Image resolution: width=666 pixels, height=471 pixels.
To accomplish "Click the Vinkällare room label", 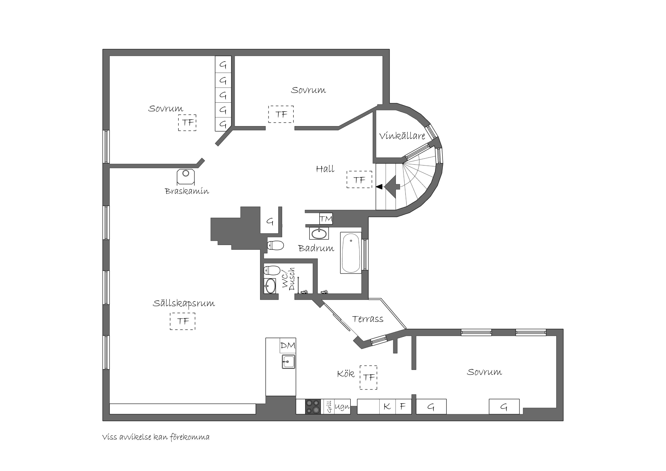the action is [x=402, y=136].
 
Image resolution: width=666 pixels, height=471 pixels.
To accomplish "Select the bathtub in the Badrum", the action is [x=351, y=252].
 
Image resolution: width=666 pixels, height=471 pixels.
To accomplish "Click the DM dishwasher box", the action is [x=288, y=345].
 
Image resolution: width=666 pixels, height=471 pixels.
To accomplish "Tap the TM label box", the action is [x=326, y=219].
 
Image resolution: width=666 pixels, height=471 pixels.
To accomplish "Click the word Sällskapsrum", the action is [x=184, y=303].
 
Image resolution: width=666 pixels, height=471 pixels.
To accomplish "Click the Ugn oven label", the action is [x=342, y=407].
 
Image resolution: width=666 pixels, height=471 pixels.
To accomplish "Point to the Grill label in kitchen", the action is [x=329, y=407].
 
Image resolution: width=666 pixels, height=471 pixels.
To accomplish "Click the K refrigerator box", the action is [x=387, y=407].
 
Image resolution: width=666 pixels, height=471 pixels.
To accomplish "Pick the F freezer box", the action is [x=403, y=407].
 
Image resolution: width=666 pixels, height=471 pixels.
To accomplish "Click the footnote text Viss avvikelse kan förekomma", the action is [x=156, y=437].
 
